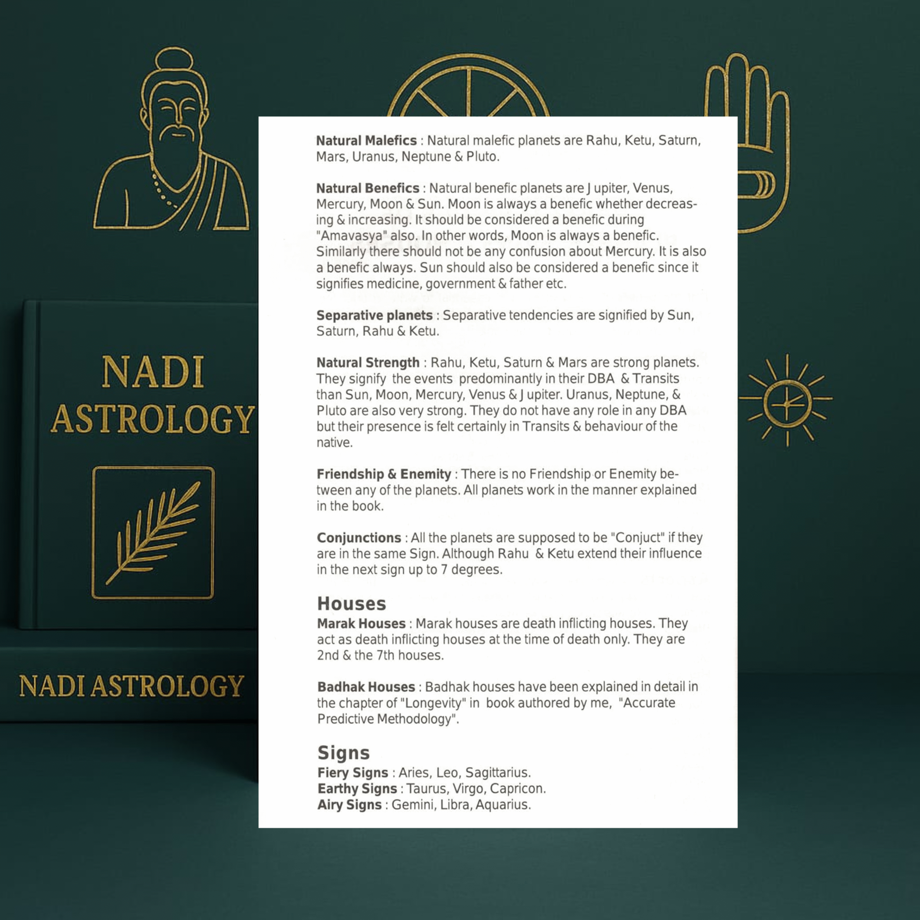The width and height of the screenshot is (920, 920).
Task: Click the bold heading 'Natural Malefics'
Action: [366, 141]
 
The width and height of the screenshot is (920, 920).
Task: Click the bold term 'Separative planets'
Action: [374, 315]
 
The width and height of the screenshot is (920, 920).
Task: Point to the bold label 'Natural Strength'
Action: [368, 363]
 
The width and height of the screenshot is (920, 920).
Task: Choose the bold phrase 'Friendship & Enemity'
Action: [384, 474]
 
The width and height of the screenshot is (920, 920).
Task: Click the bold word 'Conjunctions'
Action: [359, 538]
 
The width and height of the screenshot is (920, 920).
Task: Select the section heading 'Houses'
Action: [351, 604]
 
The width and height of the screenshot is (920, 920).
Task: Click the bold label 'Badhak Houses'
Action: [366, 687]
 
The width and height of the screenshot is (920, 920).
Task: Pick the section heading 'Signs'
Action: [343, 753]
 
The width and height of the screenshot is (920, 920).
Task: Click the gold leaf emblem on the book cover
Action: [153, 532]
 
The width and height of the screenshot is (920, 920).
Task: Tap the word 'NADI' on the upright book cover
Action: [153, 372]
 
